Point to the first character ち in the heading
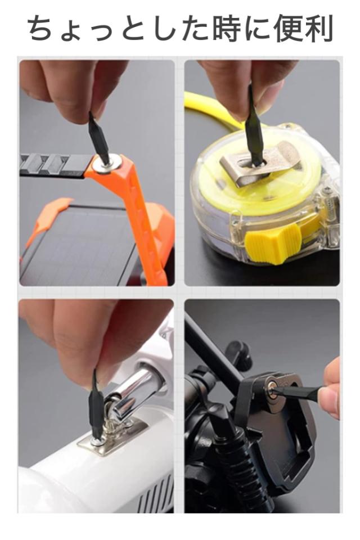[42, 28]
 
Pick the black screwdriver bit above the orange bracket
[98, 138]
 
